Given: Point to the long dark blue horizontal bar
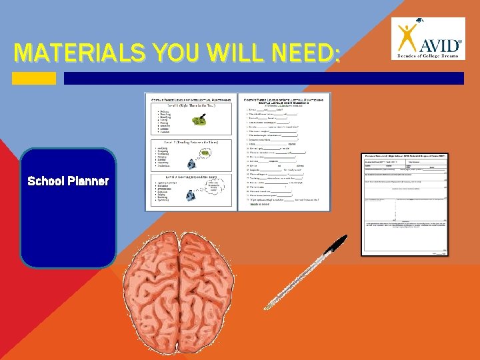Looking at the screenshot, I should click(x=263, y=78).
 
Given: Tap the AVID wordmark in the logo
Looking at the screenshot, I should click(x=439, y=44).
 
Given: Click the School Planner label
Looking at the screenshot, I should click(x=68, y=181).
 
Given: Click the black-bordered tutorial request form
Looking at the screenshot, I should click(x=405, y=203).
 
